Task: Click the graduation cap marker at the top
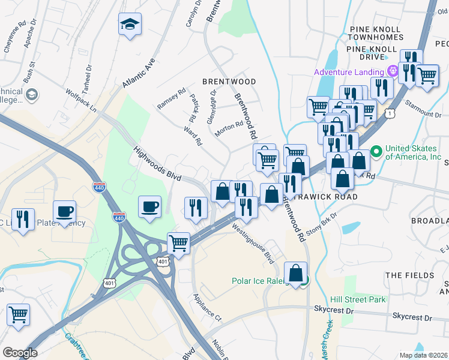coord(130,25)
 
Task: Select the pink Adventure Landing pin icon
coord(393,71)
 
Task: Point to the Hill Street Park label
coord(358,299)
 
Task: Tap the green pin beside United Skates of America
coord(376,151)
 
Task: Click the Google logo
coord(20,352)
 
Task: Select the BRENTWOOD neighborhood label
coord(229,82)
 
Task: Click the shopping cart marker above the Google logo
coord(19,314)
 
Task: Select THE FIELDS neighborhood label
coord(409,275)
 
